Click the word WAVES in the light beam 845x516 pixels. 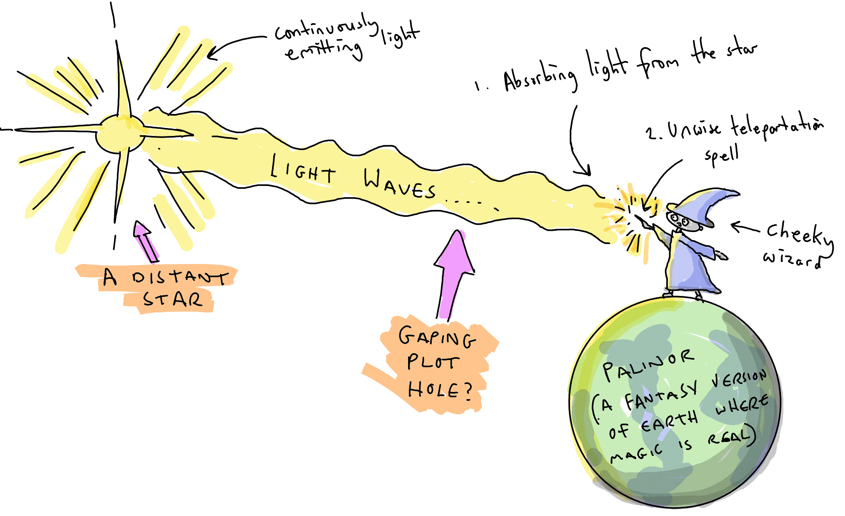click(x=400, y=184)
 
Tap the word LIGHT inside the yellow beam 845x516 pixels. click(x=303, y=170)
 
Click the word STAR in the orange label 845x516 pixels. click(x=172, y=299)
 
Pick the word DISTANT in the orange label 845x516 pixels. click(x=180, y=277)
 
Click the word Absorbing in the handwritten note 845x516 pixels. click(x=540, y=78)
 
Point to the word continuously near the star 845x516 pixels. click(x=326, y=28)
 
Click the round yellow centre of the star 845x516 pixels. click(x=120, y=134)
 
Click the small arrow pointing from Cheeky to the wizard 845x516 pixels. click(x=745, y=228)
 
